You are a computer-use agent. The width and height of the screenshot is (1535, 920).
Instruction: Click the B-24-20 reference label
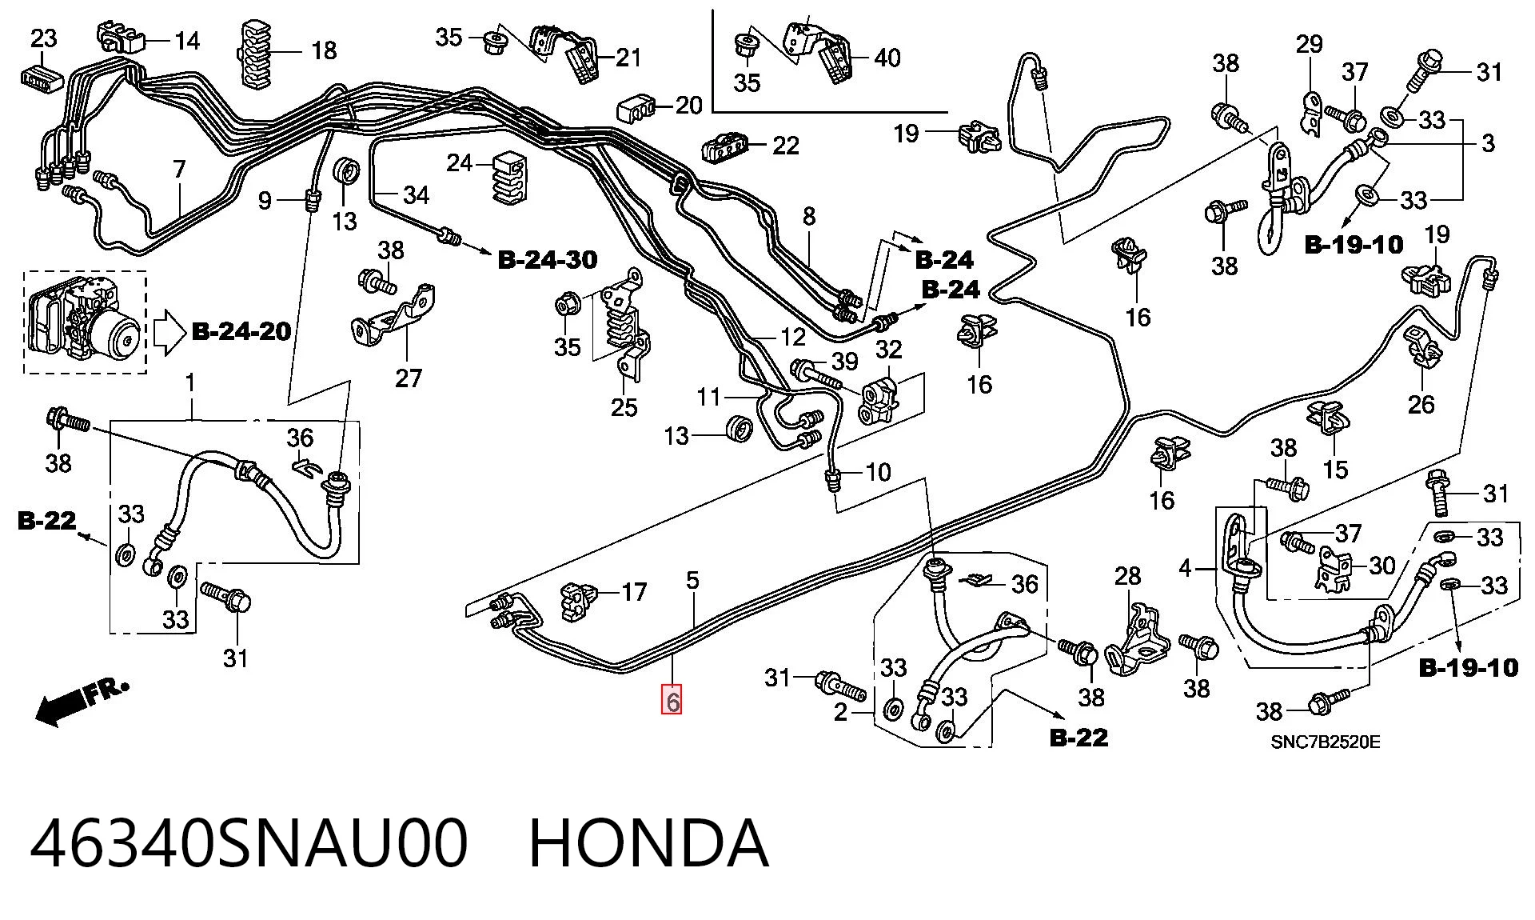(241, 331)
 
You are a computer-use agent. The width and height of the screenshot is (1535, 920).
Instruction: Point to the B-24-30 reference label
(548, 259)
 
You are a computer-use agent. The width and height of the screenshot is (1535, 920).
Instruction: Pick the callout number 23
(44, 38)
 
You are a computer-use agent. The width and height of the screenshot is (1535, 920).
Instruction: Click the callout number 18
(324, 50)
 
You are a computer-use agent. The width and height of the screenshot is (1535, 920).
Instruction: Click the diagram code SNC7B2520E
(1326, 742)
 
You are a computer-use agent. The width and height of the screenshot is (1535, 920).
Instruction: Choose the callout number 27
(409, 378)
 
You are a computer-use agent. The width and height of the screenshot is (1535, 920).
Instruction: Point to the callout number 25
(624, 407)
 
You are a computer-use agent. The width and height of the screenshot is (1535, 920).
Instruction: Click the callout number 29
(1310, 44)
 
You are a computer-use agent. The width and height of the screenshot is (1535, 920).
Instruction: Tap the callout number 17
(634, 592)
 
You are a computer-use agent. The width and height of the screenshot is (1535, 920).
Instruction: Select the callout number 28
(1128, 576)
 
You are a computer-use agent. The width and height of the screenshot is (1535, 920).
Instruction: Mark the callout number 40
(887, 58)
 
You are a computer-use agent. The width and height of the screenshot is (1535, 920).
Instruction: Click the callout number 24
(460, 163)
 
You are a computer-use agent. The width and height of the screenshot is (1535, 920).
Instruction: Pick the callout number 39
(845, 362)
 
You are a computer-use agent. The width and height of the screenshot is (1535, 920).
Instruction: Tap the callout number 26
(1421, 404)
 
